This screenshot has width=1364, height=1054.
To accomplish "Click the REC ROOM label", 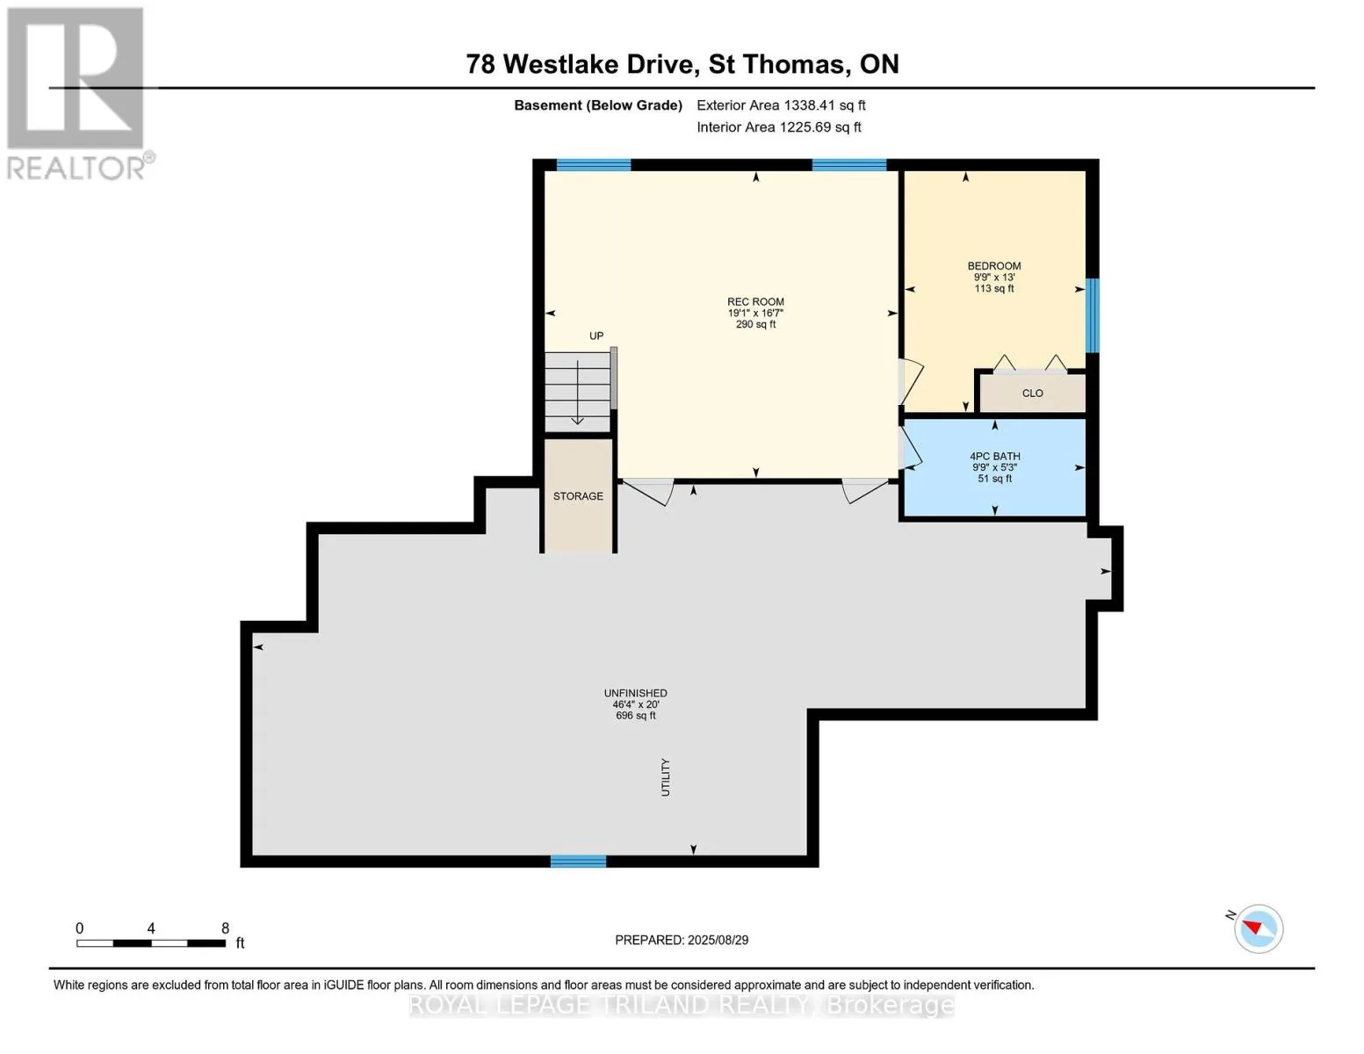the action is [x=755, y=301].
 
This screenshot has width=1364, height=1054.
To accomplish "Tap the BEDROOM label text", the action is [x=993, y=265].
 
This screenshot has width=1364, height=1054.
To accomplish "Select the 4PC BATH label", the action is [x=994, y=457].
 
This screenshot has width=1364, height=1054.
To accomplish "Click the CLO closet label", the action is [x=1032, y=393].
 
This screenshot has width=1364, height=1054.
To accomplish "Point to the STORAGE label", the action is [x=578, y=496].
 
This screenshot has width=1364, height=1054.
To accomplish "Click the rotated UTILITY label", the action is [x=666, y=777].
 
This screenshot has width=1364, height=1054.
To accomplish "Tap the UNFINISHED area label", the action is [x=635, y=693].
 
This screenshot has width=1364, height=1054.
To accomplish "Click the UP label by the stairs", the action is [x=595, y=336].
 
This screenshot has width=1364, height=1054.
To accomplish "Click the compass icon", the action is [x=1258, y=929].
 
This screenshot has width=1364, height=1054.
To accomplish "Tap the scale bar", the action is [x=151, y=943].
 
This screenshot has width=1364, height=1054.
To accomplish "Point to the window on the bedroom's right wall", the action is [x=1093, y=315].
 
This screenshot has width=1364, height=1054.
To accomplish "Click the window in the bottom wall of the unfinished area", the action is [x=578, y=862].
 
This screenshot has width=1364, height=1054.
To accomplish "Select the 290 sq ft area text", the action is [x=755, y=325].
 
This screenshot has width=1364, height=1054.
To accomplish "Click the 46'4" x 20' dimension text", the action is [x=635, y=704].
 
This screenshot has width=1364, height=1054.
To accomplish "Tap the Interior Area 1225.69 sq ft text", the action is [x=778, y=127].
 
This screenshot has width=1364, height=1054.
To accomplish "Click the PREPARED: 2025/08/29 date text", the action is [x=681, y=940].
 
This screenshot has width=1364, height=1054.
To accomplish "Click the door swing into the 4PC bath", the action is [x=910, y=447].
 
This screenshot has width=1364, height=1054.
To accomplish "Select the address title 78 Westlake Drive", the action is [x=581, y=64].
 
